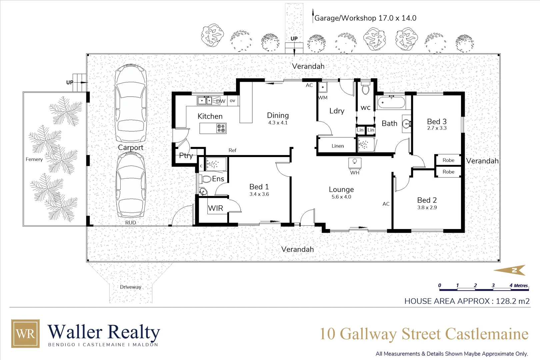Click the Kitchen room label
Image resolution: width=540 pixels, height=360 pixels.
[210, 116]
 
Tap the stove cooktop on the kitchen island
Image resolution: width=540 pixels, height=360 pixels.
[221, 128]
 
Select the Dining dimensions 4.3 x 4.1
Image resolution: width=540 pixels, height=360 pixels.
[278, 123]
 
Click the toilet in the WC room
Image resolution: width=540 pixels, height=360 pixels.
[366, 89]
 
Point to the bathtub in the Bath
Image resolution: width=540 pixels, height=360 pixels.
[391, 102]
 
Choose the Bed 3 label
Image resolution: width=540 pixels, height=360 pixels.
[436, 122]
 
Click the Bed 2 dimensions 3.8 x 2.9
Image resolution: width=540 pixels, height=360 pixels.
[427, 207]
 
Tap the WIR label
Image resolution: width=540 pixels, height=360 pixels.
[215, 208]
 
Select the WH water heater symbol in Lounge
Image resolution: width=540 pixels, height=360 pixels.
[355, 163]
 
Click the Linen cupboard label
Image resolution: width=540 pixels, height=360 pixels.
[337, 146]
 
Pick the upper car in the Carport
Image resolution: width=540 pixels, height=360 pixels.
[130, 103]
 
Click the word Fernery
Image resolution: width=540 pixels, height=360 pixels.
[34, 159]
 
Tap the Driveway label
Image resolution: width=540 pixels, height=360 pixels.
[130, 287]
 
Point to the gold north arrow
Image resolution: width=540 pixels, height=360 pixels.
[510, 270]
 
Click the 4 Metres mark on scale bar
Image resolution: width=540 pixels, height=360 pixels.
[519, 286]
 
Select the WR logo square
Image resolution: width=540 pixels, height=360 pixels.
[25, 334]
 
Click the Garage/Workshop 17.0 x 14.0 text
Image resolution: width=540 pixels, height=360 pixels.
[365, 18]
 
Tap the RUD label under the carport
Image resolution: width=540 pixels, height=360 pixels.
[130, 223]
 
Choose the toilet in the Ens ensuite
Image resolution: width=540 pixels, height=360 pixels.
[206, 179]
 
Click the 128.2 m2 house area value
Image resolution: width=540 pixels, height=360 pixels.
[512, 301]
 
